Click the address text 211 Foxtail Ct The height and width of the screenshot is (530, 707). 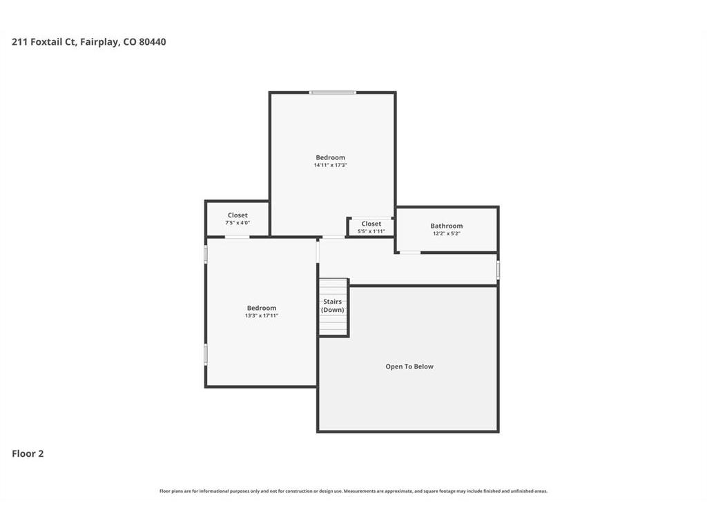[44, 42]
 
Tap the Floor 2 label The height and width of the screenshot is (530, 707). [28, 454]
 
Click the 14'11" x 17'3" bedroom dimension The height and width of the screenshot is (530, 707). [331, 165]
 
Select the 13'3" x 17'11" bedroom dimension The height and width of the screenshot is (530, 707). [262, 315]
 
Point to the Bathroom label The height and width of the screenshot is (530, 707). [447, 226]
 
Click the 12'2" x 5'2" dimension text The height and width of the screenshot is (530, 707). [447, 233]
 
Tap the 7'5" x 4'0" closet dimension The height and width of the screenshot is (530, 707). [238, 223]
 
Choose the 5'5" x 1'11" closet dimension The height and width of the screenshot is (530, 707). [371, 231]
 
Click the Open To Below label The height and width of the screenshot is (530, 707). [409, 366]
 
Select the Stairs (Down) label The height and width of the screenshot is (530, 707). [332, 306]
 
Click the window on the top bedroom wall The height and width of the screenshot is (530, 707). [332, 92]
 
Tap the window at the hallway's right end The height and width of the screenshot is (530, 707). [498, 270]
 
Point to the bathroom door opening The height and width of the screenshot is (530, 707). [410, 253]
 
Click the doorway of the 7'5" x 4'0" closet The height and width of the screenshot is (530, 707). [238, 237]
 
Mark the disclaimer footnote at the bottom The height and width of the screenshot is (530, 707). [353, 491]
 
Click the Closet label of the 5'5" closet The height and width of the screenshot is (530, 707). [371, 224]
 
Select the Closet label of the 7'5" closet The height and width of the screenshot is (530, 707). [238, 215]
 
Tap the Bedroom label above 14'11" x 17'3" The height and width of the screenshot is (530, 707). [331, 157]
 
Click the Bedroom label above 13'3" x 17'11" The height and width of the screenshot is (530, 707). [262, 308]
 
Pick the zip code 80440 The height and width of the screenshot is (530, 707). [153, 42]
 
